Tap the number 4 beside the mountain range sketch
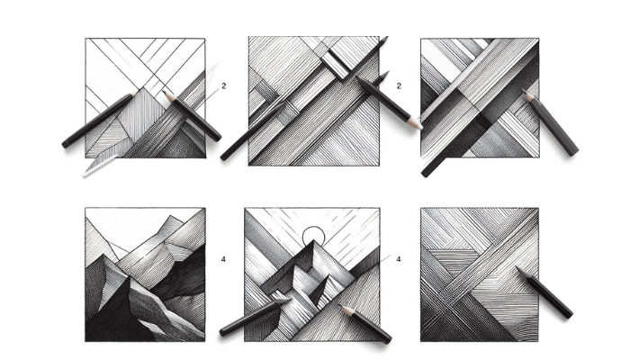coord(223,259)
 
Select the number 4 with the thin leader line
coord(398,259)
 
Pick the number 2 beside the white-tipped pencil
coord(399,85)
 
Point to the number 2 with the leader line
coord(224,85)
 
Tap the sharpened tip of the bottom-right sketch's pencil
coord(517,267)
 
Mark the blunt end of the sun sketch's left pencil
coord(223,332)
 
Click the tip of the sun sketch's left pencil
coord(288,300)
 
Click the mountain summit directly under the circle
coord(314,241)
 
